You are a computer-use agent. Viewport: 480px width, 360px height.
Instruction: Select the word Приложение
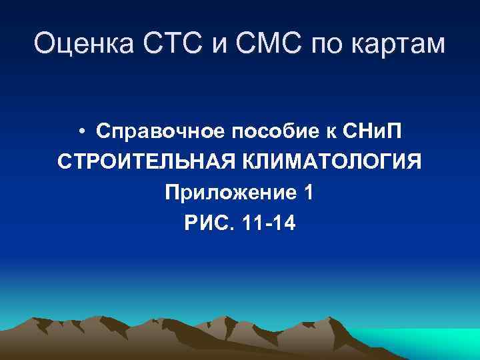(229, 194)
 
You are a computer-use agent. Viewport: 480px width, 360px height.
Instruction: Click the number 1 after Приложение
(307, 193)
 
